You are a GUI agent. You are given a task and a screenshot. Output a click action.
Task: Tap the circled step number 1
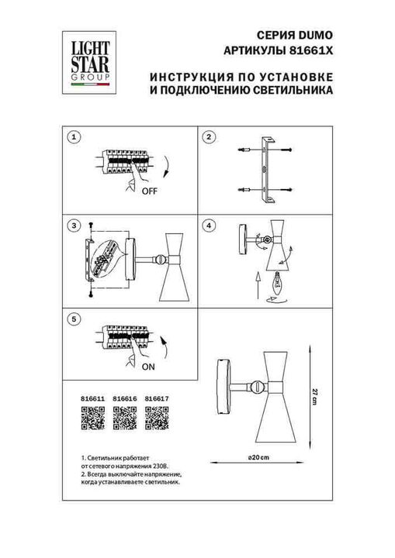pos(74,137)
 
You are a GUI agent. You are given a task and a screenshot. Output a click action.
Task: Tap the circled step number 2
pos(208,137)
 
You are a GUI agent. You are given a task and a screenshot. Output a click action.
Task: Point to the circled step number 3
pos(74,226)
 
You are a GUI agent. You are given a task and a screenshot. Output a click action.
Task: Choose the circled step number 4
pos(208,226)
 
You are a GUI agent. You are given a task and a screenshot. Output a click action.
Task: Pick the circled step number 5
pos(74,318)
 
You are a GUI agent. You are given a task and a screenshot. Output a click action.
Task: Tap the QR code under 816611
pos(92,420)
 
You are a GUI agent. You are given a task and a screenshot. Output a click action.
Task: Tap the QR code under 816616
pos(124,420)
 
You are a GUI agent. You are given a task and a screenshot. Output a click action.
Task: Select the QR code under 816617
pos(157,420)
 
